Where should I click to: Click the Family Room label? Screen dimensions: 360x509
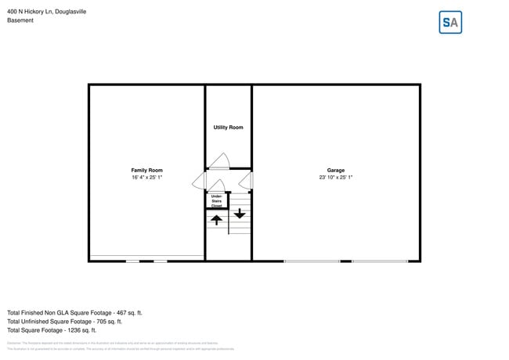point(146,170)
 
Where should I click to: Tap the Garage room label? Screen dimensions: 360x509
point(336,170)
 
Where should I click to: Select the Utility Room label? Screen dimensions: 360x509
point(228,128)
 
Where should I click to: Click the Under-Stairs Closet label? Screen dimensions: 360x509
point(216,200)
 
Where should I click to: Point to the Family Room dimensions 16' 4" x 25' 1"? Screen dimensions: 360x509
point(146,178)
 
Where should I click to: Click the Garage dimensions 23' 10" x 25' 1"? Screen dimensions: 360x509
point(336,178)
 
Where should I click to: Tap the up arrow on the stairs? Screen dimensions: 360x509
point(217,220)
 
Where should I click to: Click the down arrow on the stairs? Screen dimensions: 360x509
point(240,212)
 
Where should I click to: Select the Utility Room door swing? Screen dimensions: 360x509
point(219,160)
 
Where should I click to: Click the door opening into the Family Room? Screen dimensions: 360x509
point(199,181)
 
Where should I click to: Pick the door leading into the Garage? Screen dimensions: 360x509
point(246,182)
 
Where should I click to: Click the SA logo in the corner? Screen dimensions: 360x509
point(450,23)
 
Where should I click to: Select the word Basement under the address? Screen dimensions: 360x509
point(20,20)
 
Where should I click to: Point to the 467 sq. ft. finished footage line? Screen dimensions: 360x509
point(74,312)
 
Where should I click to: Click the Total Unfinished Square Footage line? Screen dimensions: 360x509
point(64,321)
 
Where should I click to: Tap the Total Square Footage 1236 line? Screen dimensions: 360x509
point(52,330)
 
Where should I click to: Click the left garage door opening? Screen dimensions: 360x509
point(312,261)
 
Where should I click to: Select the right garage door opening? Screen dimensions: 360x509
point(380,261)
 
